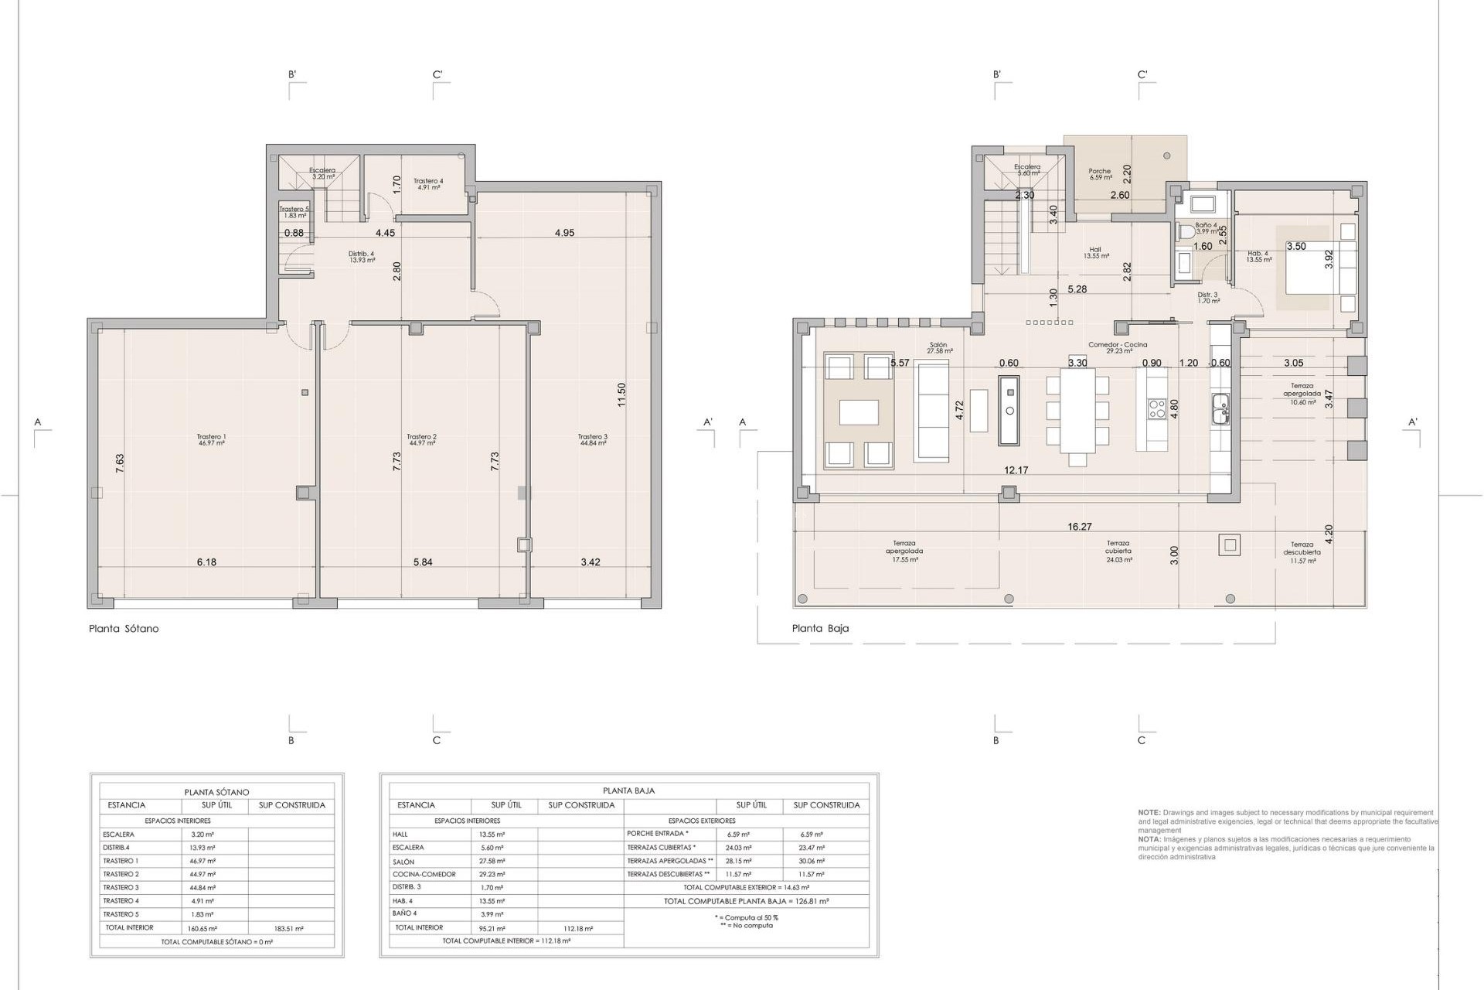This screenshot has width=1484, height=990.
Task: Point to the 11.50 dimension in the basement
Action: (621, 394)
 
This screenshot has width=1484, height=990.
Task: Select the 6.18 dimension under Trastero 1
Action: (206, 562)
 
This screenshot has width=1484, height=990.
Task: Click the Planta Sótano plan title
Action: (124, 629)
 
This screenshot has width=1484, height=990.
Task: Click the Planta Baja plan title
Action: (820, 629)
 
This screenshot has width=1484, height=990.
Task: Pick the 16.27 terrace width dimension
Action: (1079, 527)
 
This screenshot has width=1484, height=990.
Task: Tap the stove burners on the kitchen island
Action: (1157, 408)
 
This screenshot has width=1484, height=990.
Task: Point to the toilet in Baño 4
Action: (1186, 230)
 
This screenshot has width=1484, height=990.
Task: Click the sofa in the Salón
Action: (931, 411)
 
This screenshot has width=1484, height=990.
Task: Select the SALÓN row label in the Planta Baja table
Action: (403, 862)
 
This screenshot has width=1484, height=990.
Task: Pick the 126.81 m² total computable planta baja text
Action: (746, 901)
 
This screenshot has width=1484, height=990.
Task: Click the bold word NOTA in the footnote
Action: (1149, 839)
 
